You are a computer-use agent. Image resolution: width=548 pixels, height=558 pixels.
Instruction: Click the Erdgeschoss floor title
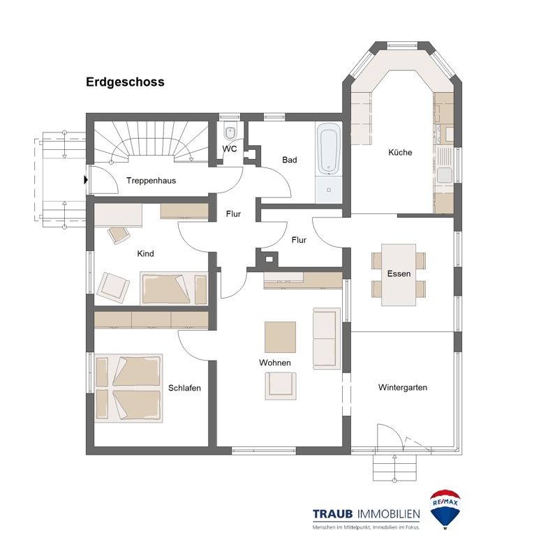125,82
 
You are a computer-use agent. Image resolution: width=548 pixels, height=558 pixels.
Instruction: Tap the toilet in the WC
230,132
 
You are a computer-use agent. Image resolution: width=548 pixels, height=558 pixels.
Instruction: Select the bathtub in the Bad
328,149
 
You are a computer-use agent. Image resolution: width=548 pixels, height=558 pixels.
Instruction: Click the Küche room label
400,152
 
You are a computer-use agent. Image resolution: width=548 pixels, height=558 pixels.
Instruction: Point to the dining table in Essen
399,274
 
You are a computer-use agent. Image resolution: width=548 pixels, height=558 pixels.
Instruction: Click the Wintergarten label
403,387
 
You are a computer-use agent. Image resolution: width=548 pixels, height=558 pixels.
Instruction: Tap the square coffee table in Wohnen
280,337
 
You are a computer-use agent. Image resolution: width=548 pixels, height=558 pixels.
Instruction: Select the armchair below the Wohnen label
281,386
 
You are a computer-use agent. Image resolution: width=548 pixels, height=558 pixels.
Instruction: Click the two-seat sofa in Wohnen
327,338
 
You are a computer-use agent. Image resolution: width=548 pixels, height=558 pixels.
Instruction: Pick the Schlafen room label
184,388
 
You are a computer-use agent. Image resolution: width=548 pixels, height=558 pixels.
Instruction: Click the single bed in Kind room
174,289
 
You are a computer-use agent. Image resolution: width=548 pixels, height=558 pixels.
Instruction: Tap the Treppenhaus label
151,181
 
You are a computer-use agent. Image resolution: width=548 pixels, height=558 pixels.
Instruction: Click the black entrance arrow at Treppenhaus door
85,180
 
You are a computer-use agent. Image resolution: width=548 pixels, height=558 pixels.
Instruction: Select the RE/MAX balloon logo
445,509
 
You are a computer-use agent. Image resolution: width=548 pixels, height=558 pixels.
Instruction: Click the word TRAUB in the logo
333,514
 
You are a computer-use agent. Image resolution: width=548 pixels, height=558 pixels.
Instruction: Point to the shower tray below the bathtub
328,190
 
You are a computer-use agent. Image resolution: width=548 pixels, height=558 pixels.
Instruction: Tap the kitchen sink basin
445,175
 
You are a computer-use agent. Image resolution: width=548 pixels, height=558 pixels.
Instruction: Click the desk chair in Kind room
119,234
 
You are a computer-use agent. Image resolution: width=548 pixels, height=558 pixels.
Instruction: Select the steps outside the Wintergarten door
394,467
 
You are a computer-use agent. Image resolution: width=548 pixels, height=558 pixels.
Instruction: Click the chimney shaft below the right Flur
269,259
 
